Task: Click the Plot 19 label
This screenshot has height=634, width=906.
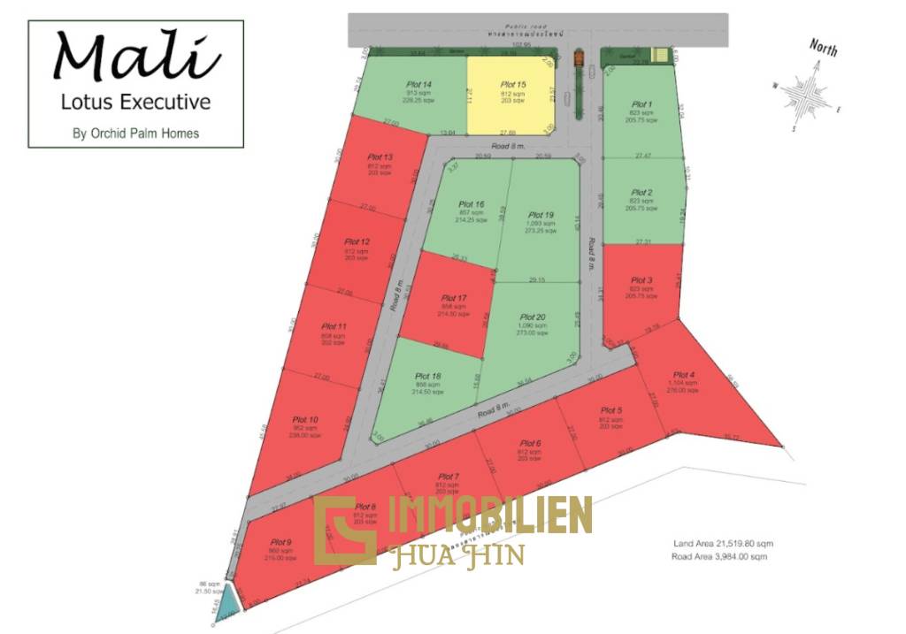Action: pos(541,215)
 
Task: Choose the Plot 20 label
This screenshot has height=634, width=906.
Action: pos(533,317)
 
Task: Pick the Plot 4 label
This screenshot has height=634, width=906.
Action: pos(684,375)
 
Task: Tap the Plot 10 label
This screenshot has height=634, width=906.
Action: pos(306,419)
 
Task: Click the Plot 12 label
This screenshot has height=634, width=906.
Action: pos(357,241)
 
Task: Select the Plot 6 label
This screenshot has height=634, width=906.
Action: pos(529,443)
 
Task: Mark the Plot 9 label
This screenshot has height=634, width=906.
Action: pos(281,542)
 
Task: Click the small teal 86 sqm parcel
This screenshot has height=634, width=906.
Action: pos(229,599)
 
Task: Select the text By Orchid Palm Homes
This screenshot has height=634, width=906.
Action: pos(135,134)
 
